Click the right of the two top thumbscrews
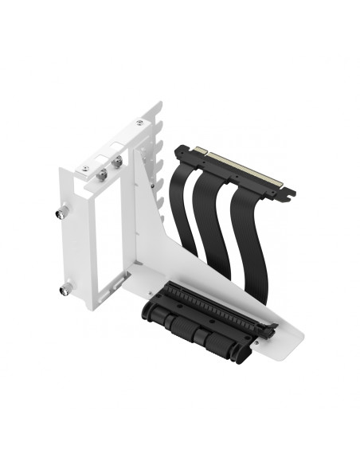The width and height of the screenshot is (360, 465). pos(118,162)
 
